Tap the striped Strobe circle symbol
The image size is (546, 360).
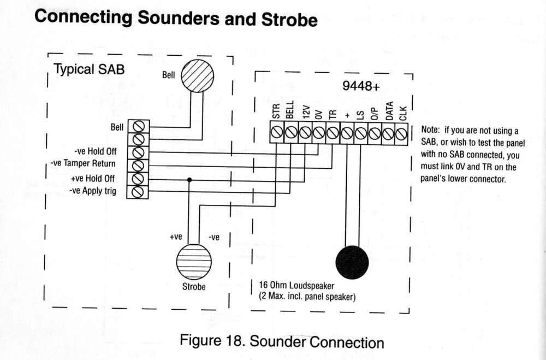point(194,262)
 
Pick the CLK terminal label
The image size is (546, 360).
point(403,113)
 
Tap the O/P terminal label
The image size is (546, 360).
point(375,113)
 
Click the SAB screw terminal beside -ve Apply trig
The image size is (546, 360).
point(138,192)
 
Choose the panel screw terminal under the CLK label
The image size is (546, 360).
point(402,133)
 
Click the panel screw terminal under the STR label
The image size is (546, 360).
point(277,133)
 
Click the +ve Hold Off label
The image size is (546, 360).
point(93,178)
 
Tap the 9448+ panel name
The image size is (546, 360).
point(361,86)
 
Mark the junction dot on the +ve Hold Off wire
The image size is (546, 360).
point(189,179)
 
